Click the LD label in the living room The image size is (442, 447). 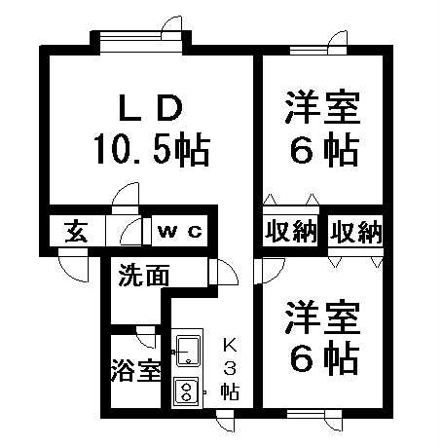point(150,108)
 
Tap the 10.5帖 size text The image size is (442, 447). point(152,148)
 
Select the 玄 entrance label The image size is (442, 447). point(77,232)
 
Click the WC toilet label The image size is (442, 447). point(179,232)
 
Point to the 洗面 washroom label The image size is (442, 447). point(144,275)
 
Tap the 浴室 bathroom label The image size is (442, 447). point(136,370)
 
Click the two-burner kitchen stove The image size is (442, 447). point(186,391)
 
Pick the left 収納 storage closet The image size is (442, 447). point(291,232)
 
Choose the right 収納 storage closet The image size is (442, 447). point(356,232)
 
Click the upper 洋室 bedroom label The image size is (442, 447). point(322,108)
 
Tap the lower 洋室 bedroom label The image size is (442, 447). point(322,317)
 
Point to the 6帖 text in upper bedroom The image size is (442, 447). point(324,150)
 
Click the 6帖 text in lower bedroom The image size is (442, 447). point(324,358)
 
